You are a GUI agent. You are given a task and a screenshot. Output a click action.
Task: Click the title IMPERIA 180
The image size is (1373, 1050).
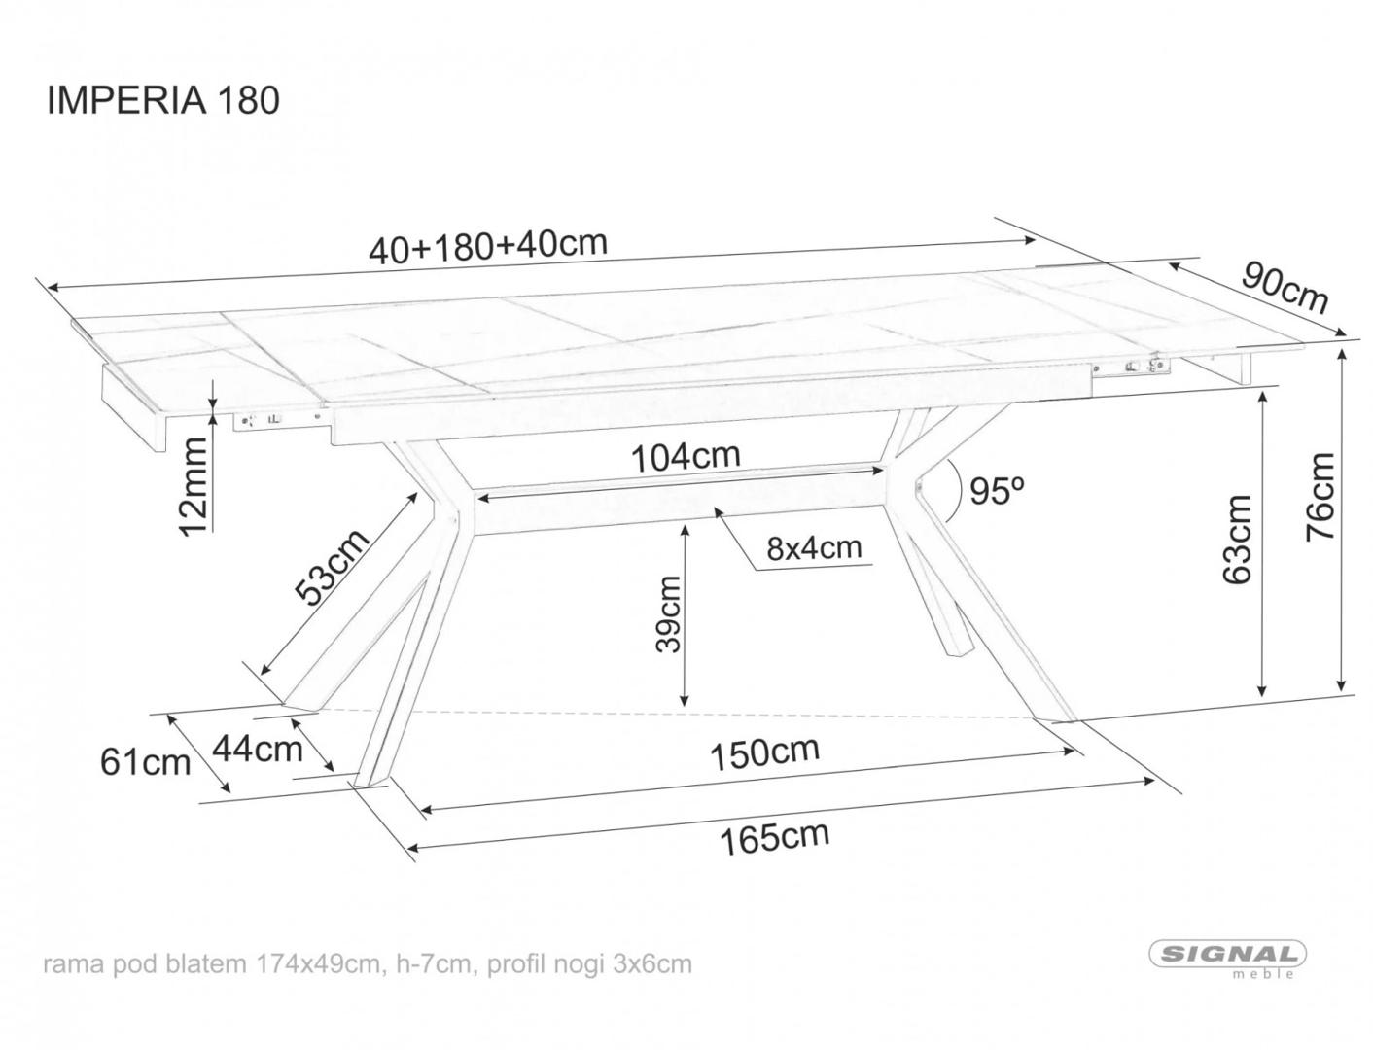tap(163, 100)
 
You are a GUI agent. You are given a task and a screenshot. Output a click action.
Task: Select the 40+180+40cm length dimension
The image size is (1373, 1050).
tap(487, 245)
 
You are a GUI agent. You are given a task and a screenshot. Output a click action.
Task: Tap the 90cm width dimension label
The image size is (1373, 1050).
tap(1285, 288)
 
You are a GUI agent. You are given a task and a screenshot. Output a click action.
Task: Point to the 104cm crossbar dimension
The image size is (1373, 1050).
tap(686, 455)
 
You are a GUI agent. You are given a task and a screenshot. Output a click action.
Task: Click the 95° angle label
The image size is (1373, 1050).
tap(998, 491)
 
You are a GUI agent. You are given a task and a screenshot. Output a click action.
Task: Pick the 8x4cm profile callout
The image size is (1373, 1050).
tap(814, 548)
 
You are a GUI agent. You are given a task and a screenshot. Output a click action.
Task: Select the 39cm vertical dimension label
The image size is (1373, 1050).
tap(669, 615)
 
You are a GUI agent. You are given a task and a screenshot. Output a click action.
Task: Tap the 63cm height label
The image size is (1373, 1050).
tap(1237, 540)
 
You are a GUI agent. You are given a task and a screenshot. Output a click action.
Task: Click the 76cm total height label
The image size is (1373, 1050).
tap(1321, 497)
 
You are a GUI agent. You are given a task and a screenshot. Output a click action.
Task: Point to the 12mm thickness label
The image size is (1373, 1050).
tap(194, 485)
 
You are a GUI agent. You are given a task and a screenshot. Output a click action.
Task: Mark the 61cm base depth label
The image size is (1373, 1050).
tap(145, 761)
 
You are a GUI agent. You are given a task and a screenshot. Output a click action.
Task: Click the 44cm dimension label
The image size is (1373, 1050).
tap(257, 748)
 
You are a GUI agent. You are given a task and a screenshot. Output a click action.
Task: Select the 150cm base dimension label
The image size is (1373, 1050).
tap(763, 752)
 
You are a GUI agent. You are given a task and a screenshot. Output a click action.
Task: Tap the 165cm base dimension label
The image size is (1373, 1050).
tap(774, 837)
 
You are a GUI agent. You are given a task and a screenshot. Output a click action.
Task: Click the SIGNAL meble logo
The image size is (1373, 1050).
tap(1228, 957)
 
